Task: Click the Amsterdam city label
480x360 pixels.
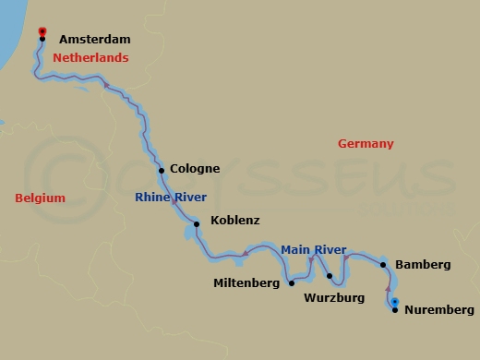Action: click(x=94, y=40)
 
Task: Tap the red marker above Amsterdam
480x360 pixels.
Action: click(x=42, y=31)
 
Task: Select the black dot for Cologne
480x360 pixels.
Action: click(x=162, y=170)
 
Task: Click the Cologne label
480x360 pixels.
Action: click(x=195, y=169)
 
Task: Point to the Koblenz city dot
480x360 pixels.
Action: click(x=197, y=223)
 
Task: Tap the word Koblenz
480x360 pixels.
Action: click(x=235, y=221)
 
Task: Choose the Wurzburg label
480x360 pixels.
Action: click(x=334, y=298)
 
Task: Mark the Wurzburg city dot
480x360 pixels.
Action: click(x=330, y=276)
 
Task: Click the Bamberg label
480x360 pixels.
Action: click(x=423, y=265)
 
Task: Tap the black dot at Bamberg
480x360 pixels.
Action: click(x=383, y=265)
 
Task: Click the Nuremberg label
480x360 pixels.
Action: click(x=439, y=310)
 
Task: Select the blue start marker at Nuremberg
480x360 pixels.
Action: click(x=394, y=302)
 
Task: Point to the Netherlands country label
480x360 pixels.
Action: click(x=90, y=58)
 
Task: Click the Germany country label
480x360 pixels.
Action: click(x=366, y=144)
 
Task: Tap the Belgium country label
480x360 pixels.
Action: click(x=41, y=198)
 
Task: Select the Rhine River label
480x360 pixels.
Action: click(x=171, y=198)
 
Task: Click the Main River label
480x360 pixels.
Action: click(x=313, y=250)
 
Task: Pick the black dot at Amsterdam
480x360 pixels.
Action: click(x=42, y=39)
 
